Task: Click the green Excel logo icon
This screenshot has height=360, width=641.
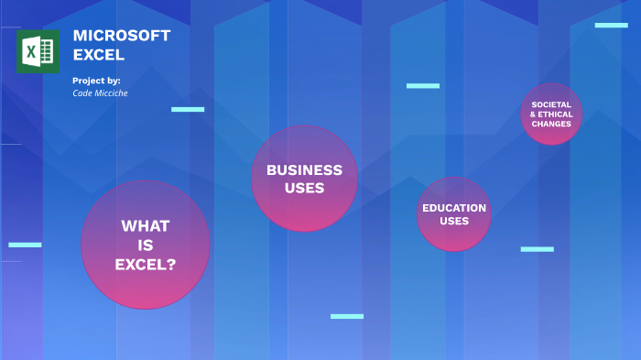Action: click(x=38, y=51)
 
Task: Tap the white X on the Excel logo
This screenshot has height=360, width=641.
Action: click(x=30, y=52)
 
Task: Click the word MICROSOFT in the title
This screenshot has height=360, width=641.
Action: click(x=122, y=36)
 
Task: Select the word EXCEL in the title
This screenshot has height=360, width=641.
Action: click(x=99, y=55)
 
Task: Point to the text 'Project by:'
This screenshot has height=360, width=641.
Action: click(x=96, y=81)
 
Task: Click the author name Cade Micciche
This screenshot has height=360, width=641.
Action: click(x=100, y=93)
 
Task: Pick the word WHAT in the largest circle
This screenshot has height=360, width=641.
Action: click(x=146, y=226)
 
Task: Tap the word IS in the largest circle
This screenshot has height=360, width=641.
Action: click(x=146, y=245)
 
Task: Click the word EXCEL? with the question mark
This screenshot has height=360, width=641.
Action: click(x=146, y=265)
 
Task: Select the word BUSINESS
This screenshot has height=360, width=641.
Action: click(x=305, y=170)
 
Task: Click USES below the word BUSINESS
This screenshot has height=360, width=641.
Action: click(x=305, y=188)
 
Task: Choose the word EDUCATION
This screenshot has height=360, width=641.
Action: click(x=454, y=208)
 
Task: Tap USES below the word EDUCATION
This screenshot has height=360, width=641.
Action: click(x=454, y=221)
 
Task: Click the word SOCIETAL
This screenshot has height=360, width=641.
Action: click(x=551, y=104)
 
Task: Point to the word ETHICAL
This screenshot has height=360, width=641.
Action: click(x=555, y=115)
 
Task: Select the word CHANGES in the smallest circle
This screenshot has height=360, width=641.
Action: click(x=551, y=124)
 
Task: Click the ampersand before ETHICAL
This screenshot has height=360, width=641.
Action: click(x=533, y=115)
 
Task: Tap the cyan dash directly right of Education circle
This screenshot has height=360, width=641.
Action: click(x=538, y=249)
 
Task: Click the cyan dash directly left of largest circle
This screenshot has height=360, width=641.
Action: click(x=25, y=245)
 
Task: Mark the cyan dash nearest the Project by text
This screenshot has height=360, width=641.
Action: click(x=188, y=109)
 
